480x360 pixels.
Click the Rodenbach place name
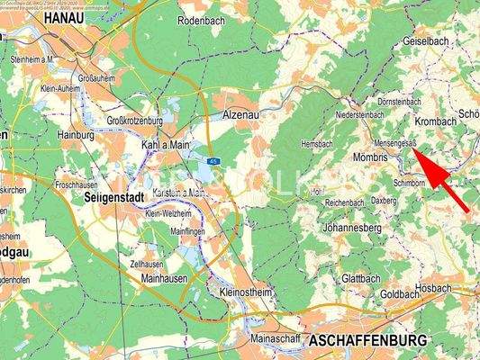[x=204, y=20]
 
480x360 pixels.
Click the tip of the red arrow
[x=416, y=149]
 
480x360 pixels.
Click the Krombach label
[x=436, y=121]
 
